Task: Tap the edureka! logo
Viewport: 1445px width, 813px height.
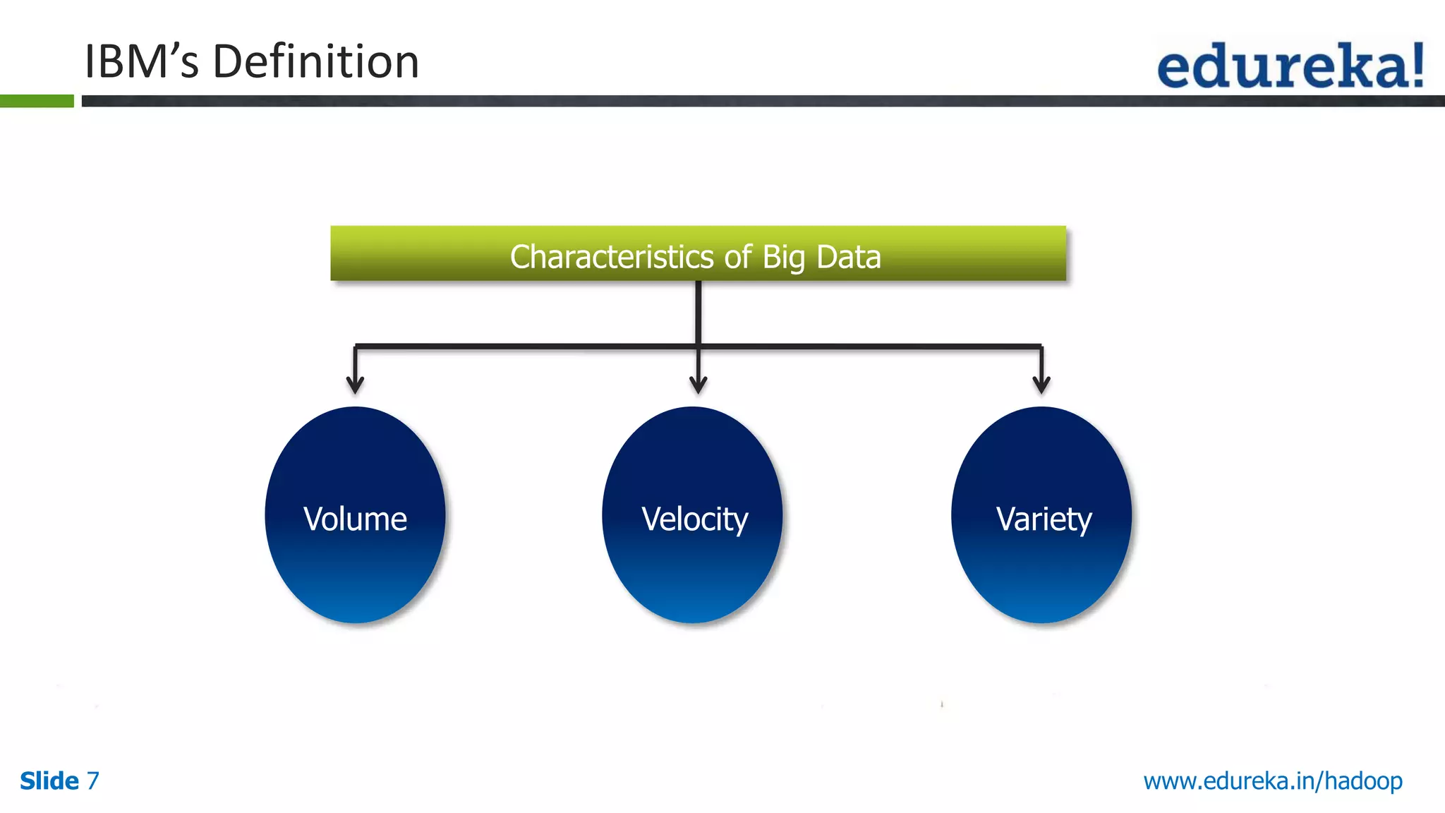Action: click(x=1290, y=66)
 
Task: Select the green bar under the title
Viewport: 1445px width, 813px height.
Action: click(x=37, y=101)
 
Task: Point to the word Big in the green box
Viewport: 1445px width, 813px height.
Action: click(x=783, y=258)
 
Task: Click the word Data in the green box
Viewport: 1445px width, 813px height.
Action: click(x=848, y=257)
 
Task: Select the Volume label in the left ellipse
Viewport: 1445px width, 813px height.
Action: click(x=355, y=519)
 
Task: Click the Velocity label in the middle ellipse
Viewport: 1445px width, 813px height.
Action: click(x=694, y=519)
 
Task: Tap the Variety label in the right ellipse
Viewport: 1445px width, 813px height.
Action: click(x=1044, y=519)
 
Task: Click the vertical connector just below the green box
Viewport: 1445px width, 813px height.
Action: click(x=698, y=311)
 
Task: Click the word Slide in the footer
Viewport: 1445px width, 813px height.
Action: click(x=49, y=781)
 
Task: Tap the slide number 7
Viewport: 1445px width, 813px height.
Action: click(x=92, y=781)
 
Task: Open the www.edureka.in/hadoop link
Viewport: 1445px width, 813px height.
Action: click(x=1272, y=781)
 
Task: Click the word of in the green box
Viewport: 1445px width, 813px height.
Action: click(x=738, y=257)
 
